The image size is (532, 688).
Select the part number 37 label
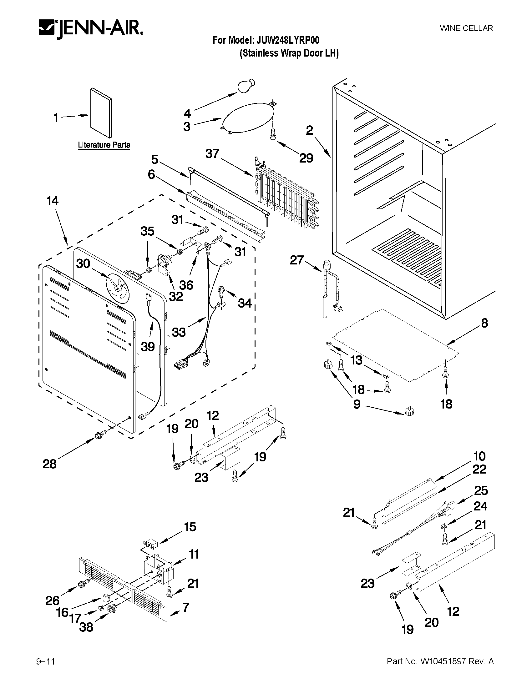tap(212, 154)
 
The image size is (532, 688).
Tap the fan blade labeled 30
tap(117, 287)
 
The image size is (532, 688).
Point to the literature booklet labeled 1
tap(101, 113)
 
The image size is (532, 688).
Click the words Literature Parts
tap(104, 145)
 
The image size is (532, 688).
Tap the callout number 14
tap(53, 201)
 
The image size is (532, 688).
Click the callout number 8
tap(484, 323)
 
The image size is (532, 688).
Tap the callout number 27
tap(297, 260)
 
